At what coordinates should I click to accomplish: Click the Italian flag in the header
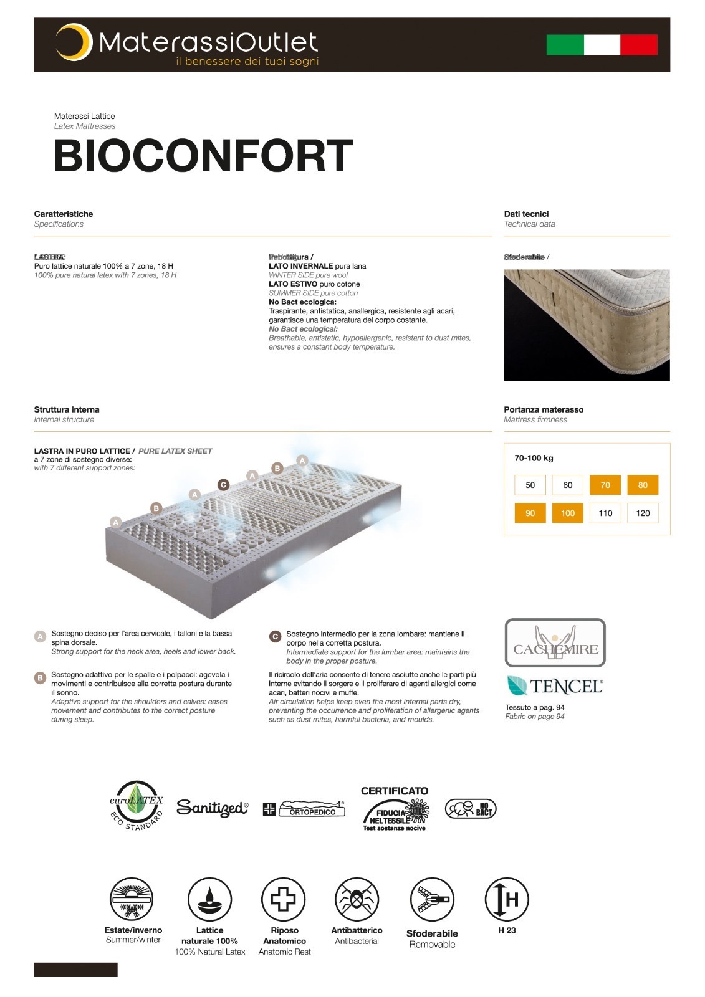(602, 45)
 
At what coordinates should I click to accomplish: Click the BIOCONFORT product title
(203, 156)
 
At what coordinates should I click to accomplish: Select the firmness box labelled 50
(530, 485)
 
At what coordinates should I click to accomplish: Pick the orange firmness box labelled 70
(605, 485)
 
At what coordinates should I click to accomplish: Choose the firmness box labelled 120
(643, 513)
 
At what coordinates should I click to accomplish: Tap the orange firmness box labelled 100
(568, 513)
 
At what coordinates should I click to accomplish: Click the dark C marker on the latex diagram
(223, 484)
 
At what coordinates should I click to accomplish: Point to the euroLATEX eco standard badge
(137, 806)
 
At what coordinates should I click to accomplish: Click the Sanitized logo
(213, 808)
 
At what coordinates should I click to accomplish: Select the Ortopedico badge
(304, 809)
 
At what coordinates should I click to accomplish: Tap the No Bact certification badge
(471, 809)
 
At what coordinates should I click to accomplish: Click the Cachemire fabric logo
(555, 642)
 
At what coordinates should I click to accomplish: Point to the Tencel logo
(555, 685)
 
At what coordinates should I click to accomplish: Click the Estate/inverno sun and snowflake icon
(132, 899)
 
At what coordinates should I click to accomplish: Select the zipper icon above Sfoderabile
(432, 899)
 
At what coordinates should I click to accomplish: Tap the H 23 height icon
(506, 899)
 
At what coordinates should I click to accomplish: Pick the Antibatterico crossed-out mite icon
(357, 899)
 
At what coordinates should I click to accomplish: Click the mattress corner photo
(587, 325)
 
